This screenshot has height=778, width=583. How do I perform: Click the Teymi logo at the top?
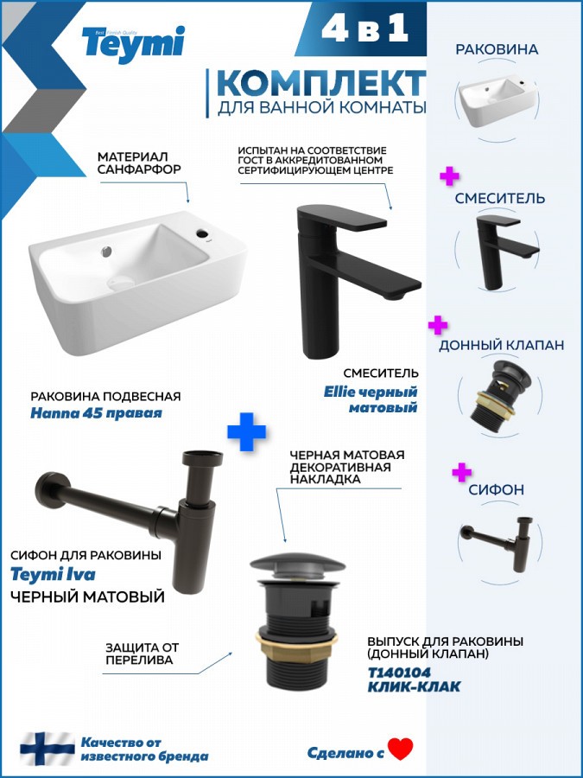click(134, 44)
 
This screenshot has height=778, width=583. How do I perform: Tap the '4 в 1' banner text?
click(364, 29)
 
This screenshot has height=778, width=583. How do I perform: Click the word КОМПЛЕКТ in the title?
click(321, 83)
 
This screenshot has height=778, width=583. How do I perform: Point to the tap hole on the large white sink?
click(203, 233)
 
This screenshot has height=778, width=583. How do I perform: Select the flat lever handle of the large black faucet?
click(341, 217)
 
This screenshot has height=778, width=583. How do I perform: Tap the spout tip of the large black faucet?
click(397, 296)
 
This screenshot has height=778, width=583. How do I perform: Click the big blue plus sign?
click(246, 431)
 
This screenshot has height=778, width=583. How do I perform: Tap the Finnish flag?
click(48, 749)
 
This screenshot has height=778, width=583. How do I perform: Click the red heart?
click(401, 749)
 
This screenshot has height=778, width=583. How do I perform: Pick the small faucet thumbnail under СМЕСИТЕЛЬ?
click(504, 251)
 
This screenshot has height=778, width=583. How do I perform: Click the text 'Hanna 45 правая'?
click(96, 413)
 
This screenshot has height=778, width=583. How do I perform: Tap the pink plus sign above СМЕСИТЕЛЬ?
click(449, 176)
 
